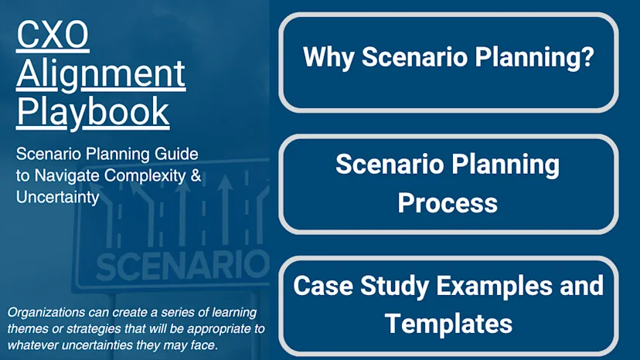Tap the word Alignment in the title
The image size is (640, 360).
[x=100, y=74]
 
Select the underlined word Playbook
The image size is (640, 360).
[x=93, y=111]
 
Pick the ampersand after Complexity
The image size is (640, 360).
[x=196, y=175]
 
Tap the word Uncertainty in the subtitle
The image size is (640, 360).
[x=57, y=198]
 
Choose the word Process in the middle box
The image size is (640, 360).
[x=448, y=202]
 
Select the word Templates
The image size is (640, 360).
[x=448, y=323]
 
